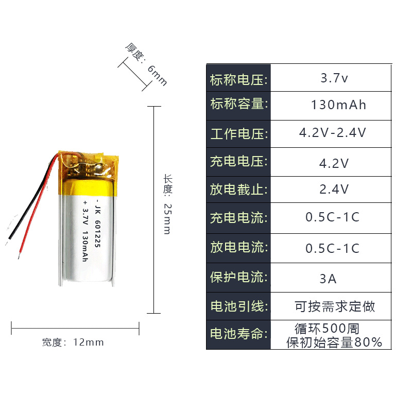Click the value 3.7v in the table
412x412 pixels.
[334, 79]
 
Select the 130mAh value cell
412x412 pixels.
[338, 105]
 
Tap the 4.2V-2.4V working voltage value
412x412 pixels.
[333, 133]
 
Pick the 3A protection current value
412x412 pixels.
[328, 279]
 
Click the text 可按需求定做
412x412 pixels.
[335, 307]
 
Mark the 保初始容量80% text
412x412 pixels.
[334, 342]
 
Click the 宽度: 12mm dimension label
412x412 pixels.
[73, 342]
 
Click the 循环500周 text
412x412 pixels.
[327, 328]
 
